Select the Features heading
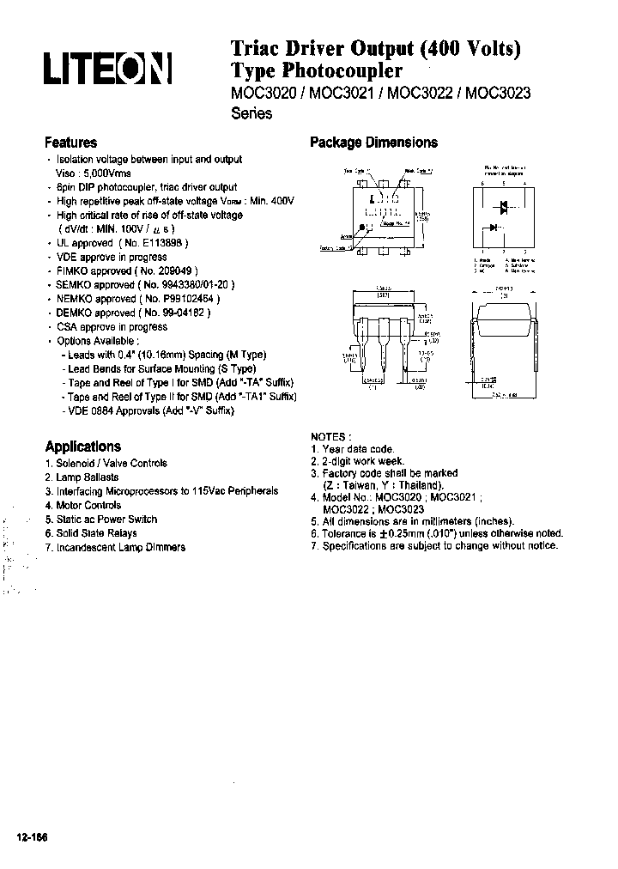[x=70, y=143]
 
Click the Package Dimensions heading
[x=373, y=143]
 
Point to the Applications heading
[x=82, y=447]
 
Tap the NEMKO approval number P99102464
[x=179, y=298]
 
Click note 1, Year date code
[x=357, y=449]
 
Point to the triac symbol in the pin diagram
[x=504, y=206]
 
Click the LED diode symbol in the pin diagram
[x=493, y=228]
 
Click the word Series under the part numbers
[x=251, y=114]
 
